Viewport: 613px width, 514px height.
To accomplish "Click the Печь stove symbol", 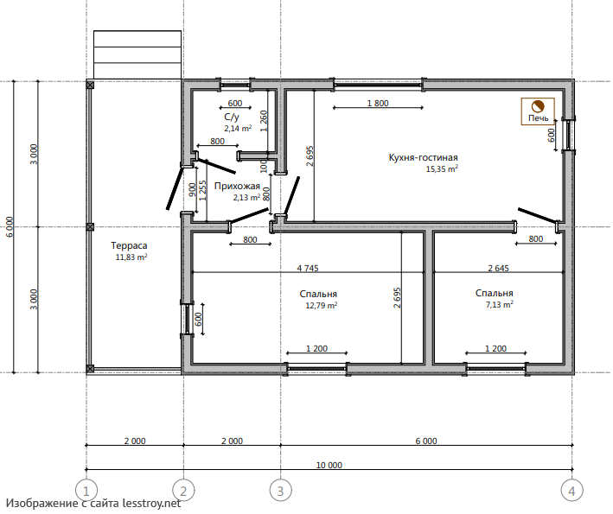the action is (x=538, y=111).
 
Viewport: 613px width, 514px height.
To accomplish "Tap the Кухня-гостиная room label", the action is (x=423, y=157).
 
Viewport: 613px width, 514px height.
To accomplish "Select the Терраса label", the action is (x=129, y=245).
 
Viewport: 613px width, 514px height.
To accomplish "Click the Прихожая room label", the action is (x=237, y=186).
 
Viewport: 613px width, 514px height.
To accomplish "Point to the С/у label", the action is (x=232, y=117).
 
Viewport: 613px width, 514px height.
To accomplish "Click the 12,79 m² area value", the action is (x=322, y=305).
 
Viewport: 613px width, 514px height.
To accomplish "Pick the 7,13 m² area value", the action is (x=499, y=304).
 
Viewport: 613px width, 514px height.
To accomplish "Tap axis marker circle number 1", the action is (x=86, y=490).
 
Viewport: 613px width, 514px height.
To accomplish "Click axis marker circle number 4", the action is (x=572, y=490).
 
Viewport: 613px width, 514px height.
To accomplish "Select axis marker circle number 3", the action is (x=280, y=490).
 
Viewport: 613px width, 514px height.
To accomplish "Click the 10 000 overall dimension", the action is (x=329, y=465).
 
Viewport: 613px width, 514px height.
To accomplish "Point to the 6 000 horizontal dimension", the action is (x=426, y=441).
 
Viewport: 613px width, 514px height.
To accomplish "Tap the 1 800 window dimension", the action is (x=378, y=103).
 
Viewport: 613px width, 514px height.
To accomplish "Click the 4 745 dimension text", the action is (x=308, y=268).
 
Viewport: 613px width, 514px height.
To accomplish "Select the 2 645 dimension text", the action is (x=499, y=268).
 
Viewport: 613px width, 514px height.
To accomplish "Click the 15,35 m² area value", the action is (x=442, y=169).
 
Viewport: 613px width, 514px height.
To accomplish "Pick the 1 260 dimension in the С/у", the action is (x=264, y=121).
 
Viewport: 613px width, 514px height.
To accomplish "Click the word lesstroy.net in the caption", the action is (x=151, y=503).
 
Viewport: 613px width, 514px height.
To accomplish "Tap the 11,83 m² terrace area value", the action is (x=131, y=257).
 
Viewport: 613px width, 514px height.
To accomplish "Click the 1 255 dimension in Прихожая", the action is (x=202, y=191).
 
